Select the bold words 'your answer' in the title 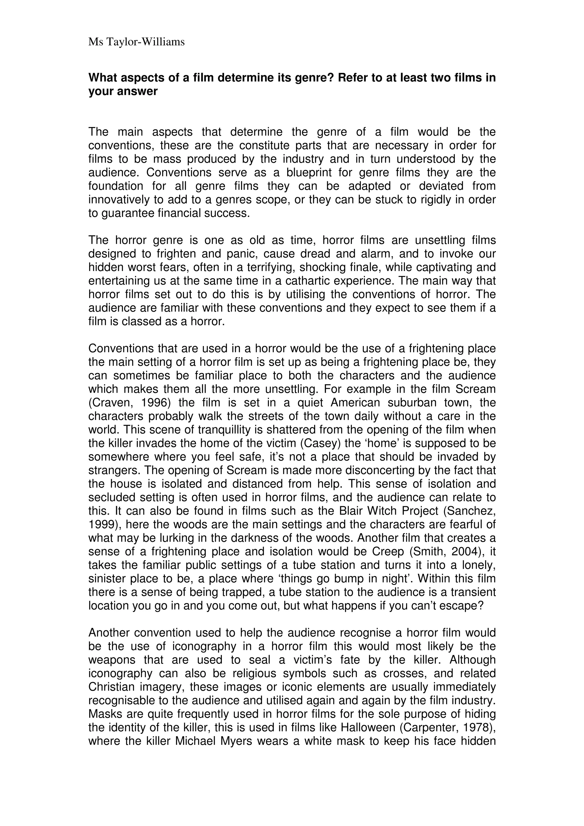tap(123, 91)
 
